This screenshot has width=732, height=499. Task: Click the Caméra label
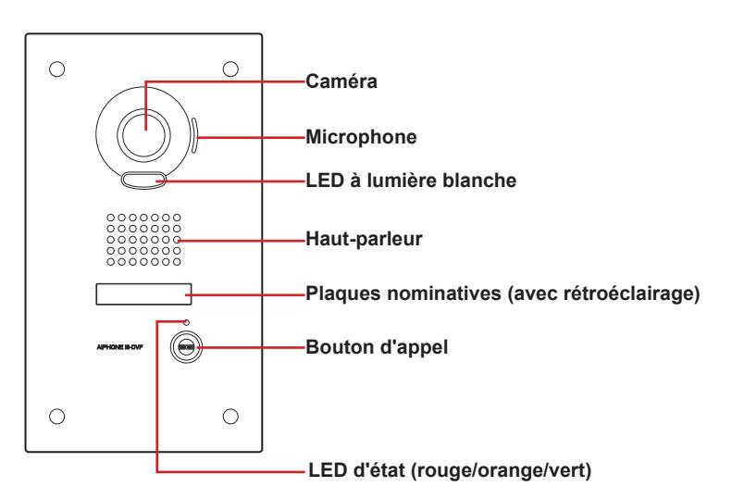click(x=341, y=81)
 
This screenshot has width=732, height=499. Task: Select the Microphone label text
click(x=361, y=137)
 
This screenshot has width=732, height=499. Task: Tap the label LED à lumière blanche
click(x=411, y=181)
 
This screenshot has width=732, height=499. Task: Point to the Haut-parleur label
click(x=364, y=239)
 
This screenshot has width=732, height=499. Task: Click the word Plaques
click(x=343, y=293)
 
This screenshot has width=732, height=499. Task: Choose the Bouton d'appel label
click(x=377, y=347)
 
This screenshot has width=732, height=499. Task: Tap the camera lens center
click(x=143, y=134)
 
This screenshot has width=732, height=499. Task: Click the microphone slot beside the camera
click(x=194, y=135)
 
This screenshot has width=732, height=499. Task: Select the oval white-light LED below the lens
click(x=143, y=180)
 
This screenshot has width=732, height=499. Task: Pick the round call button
click(x=186, y=347)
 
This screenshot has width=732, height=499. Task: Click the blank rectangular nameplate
click(x=143, y=293)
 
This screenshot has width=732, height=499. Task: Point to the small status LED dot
click(x=187, y=322)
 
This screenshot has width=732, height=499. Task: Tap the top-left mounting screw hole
click(x=57, y=69)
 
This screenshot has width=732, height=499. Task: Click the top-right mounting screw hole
click(x=230, y=69)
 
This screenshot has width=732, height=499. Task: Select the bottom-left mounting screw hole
click(x=57, y=416)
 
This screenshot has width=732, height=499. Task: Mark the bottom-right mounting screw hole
click(x=230, y=416)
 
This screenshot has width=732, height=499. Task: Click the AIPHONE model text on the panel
click(x=119, y=347)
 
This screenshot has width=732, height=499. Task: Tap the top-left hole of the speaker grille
click(x=111, y=218)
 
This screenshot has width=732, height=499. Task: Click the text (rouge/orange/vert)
click(x=501, y=470)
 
